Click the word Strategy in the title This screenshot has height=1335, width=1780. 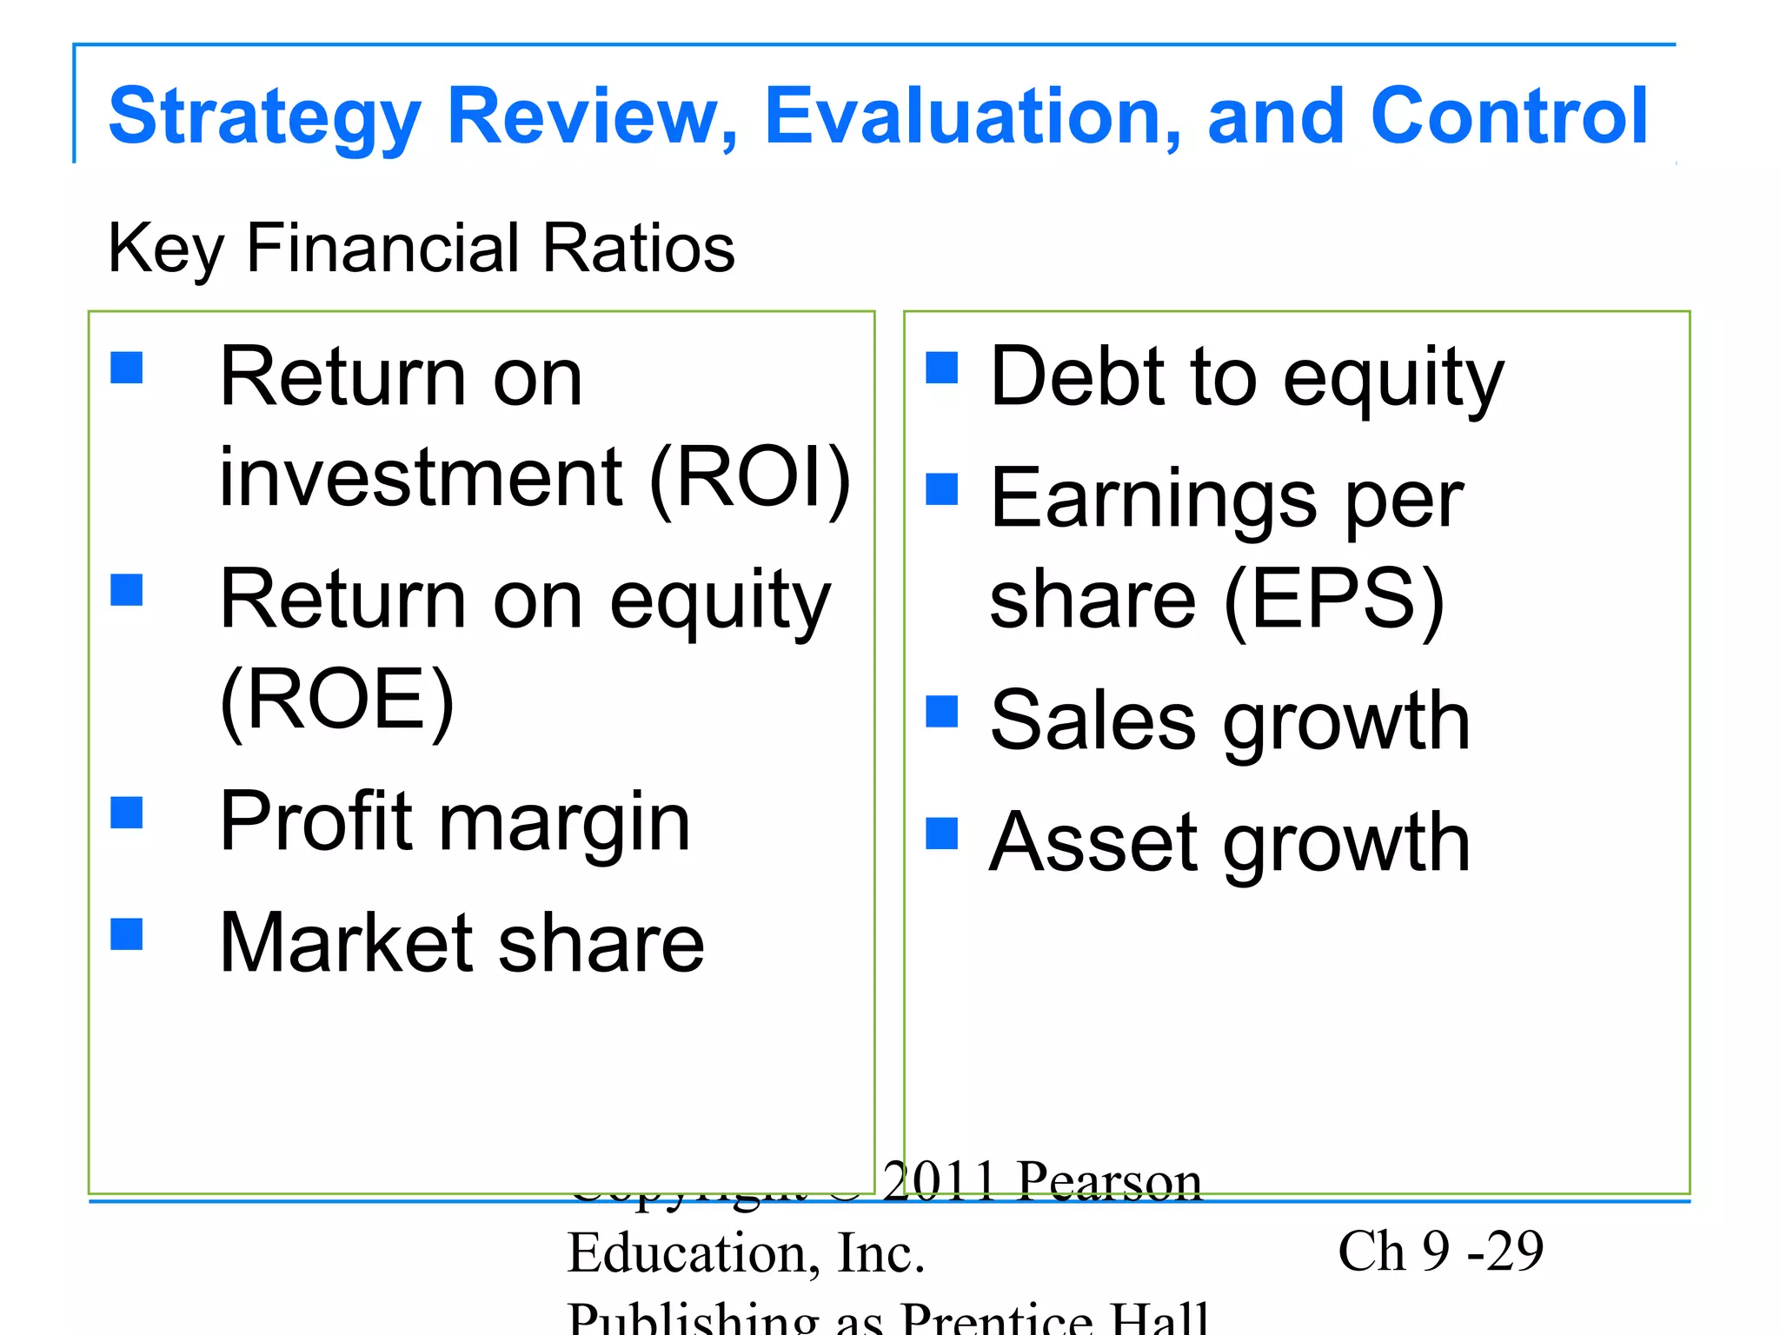[x=264, y=117]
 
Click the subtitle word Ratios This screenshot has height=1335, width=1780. [x=639, y=249]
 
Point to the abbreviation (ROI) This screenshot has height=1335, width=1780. [x=750, y=476]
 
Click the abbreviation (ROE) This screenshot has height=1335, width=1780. [x=337, y=700]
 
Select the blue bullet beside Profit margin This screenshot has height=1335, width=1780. [x=127, y=814]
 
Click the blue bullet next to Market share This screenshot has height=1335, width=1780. [x=127, y=935]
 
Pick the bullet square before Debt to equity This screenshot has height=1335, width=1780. [x=941, y=368]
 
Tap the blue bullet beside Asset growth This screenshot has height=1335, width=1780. [x=941, y=834]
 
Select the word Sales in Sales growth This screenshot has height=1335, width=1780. [x=1093, y=721]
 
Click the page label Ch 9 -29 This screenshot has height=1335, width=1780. [x=1440, y=1252]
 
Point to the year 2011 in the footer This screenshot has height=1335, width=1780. [x=939, y=1182]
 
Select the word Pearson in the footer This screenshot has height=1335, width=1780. [x=1110, y=1182]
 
